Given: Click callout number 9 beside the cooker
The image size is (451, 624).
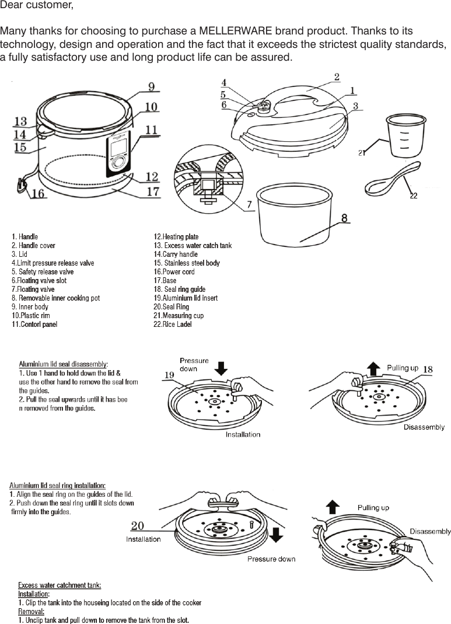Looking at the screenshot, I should (151, 87).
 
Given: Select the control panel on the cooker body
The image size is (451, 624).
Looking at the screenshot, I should (119, 155).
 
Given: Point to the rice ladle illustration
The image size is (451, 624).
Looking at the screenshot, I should (388, 181).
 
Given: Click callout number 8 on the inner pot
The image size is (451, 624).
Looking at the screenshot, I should (345, 218).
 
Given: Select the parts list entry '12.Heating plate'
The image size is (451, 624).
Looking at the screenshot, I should (176, 236).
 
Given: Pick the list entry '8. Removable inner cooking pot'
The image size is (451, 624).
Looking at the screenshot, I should (55, 298).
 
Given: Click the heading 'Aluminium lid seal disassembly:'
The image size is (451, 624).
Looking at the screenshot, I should (63, 364).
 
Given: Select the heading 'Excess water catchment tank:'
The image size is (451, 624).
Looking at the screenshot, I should (60, 585).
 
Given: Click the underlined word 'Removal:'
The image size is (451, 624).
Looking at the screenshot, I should (31, 611).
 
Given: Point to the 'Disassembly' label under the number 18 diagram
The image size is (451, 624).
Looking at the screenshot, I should (424, 427).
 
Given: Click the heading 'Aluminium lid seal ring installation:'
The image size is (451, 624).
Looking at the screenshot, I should (57, 485).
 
